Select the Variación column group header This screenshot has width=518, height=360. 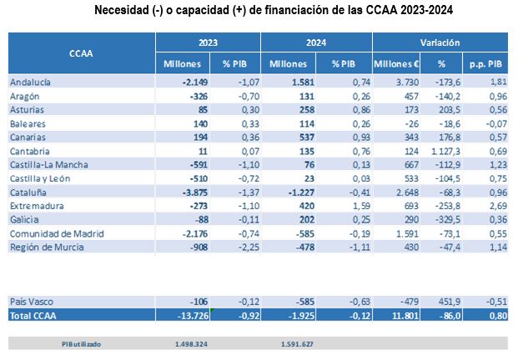[440, 42]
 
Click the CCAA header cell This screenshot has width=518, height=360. [81, 52]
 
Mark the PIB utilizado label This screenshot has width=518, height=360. [82, 342]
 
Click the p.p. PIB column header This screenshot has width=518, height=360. [484, 63]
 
